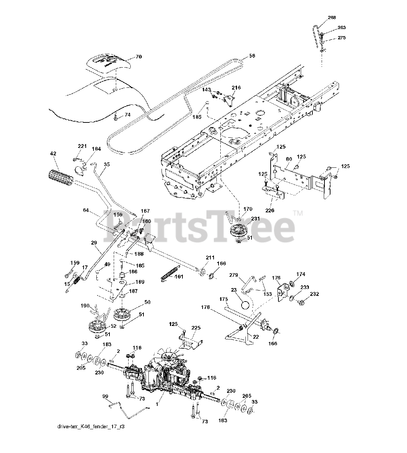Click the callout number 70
[x=139, y=57]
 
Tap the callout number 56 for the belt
[x=252, y=56]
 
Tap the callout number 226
[x=270, y=210]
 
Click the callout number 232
[x=314, y=294]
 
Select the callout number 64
[x=85, y=210]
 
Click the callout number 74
[x=127, y=115]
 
